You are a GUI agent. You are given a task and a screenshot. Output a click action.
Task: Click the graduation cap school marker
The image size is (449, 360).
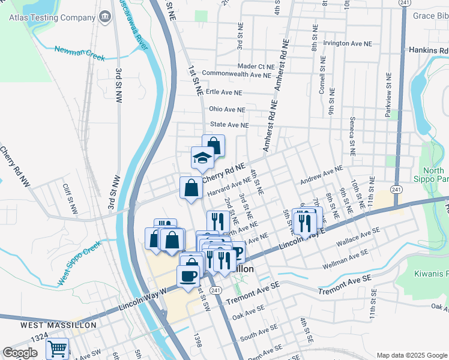click(203, 158)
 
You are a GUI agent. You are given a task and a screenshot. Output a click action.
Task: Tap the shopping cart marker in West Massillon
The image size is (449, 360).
click(57, 349)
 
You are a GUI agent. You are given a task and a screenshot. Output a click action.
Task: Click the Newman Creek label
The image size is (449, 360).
click(79, 53)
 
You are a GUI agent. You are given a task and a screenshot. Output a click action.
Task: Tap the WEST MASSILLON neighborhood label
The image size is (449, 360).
click(58, 325)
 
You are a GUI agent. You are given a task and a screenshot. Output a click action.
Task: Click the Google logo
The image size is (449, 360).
click(20, 353)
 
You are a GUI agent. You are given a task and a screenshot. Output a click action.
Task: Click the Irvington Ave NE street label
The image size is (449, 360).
click(348, 44)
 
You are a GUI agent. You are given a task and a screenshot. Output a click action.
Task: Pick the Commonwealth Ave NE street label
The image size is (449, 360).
click(237, 74)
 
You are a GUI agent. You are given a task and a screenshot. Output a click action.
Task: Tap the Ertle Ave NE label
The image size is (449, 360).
click(223, 93)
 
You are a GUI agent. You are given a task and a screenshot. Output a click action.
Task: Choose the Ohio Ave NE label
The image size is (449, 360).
click(227, 110)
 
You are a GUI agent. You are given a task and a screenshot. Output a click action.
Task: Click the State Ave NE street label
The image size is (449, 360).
click(229, 125)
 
